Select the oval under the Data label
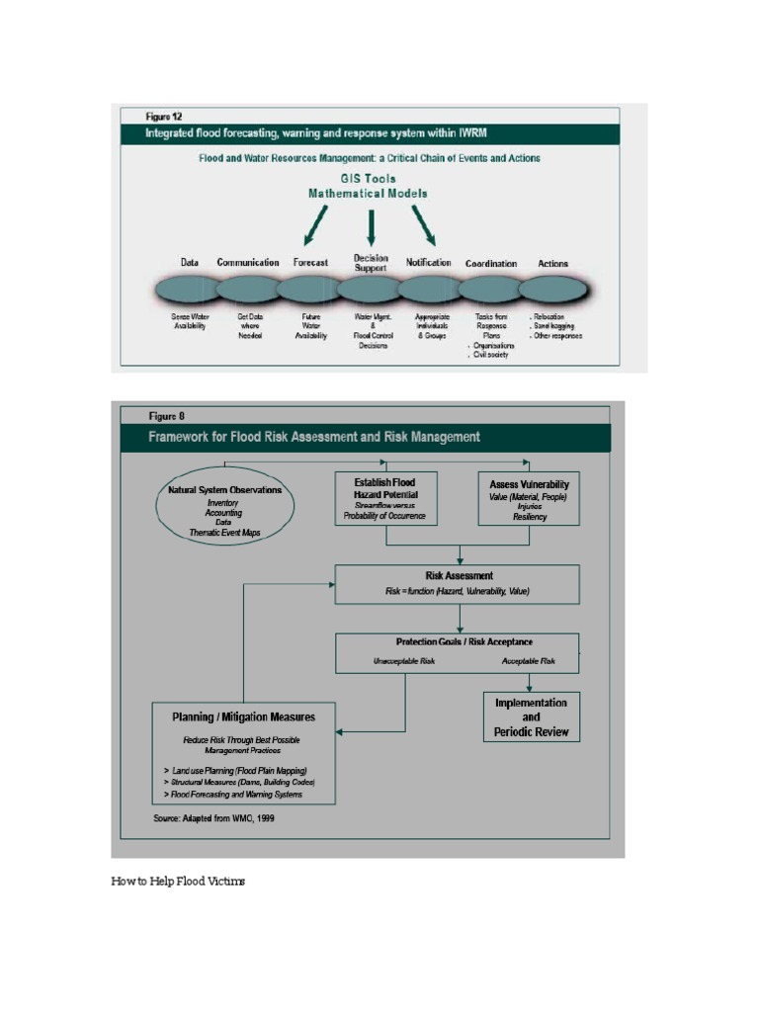tap(188, 291)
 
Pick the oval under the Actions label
tap(553, 291)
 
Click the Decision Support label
tap(371, 263)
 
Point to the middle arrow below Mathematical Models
tap(371, 228)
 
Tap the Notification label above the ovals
tap(428, 263)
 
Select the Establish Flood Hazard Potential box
tap(384, 499)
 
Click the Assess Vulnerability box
tap(529, 499)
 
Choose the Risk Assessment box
tap(458, 583)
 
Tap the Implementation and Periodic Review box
tap(531, 717)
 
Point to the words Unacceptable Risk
tap(403, 660)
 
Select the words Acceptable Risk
tap(528, 660)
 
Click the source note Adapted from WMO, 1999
tap(213, 818)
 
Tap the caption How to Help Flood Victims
tap(178, 881)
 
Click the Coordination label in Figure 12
tap(491, 264)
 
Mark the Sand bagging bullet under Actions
tap(553, 325)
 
